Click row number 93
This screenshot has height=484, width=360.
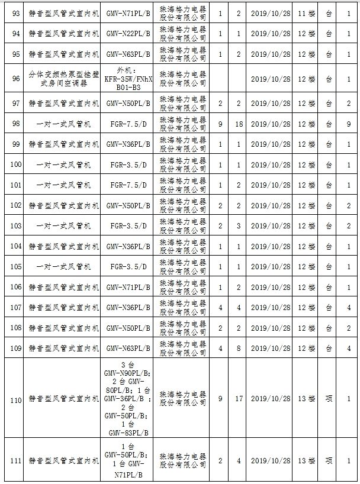(16, 14)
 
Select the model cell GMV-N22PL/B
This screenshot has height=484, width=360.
(128, 34)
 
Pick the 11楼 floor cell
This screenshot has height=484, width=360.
(306, 14)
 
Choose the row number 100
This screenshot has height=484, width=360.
(16, 164)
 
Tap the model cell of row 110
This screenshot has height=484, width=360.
(128, 399)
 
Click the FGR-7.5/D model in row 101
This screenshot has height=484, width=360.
(128, 185)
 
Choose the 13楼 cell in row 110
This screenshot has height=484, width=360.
(306, 399)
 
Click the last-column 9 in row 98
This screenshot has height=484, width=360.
(349, 124)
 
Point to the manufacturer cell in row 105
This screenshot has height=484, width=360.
(183, 267)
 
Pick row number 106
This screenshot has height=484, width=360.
(16, 287)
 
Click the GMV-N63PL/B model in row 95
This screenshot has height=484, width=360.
(128, 54)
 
